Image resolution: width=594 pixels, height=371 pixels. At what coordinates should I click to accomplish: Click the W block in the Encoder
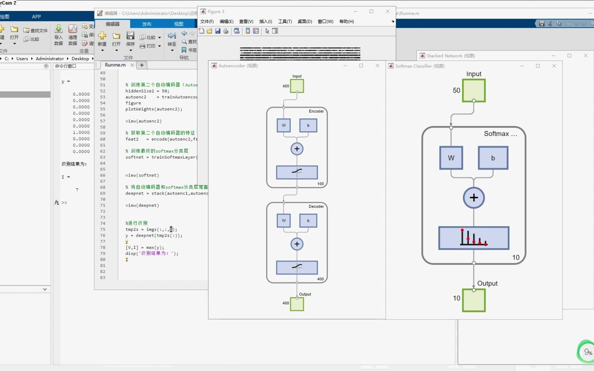[x=284, y=125]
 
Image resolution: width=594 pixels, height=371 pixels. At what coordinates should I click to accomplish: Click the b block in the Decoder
[x=308, y=221]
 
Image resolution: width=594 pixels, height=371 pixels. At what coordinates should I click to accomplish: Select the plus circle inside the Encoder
[x=297, y=149]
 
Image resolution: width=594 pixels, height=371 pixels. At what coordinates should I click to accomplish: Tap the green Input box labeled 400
[x=297, y=86]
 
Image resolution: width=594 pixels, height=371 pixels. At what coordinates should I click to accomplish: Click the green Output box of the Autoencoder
[x=297, y=304]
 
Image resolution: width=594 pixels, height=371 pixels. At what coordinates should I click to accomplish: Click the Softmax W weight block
[x=451, y=158]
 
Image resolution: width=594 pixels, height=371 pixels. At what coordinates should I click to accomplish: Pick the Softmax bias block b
[x=493, y=158]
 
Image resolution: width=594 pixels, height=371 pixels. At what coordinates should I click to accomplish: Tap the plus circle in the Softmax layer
[x=474, y=198]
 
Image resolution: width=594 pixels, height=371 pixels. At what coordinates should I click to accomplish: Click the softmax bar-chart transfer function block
[x=474, y=238]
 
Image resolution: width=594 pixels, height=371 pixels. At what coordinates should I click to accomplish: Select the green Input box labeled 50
[x=474, y=90]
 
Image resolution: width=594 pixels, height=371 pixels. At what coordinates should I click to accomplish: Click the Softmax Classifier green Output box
[x=474, y=300]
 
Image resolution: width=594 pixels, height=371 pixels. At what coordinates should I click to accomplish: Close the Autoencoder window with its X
[x=377, y=66]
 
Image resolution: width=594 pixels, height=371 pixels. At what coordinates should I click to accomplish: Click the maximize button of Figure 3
[x=371, y=11]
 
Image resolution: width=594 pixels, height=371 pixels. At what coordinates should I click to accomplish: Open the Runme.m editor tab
[x=115, y=65]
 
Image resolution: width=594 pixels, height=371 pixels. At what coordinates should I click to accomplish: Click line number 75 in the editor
[x=103, y=229]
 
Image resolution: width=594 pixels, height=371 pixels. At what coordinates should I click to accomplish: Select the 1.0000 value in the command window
[x=81, y=133]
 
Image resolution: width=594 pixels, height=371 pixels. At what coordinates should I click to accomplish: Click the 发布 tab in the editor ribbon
[x=147, y=24]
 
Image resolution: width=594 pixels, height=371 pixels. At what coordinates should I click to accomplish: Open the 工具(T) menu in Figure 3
[x=285, y=21]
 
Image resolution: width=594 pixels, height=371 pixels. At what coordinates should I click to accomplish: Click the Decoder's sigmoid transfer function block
[x=297, y=268]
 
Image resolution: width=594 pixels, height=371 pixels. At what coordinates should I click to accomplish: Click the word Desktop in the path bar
[x=80, y=59]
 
